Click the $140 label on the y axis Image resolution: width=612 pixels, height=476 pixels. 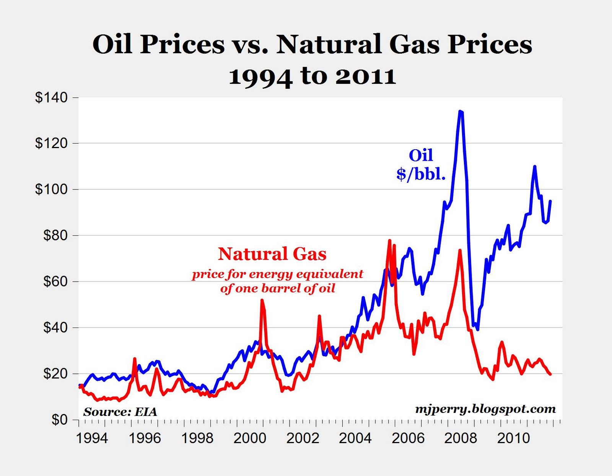[x=51, y=98]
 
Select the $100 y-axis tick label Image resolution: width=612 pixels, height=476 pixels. [x=51, y=189]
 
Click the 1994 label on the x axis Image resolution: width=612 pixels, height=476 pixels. [x=92, y=438]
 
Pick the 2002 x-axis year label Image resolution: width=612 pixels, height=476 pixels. [x=303, y=438]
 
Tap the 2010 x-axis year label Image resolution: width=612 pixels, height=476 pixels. [x=513, y=438]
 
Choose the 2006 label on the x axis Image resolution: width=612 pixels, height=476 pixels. [x=408, y=438]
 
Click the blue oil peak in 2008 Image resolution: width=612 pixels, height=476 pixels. [x=461, y=112]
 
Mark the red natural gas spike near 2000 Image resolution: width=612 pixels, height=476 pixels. [x=262, y=300]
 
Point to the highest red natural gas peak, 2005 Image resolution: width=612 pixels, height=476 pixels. [x=389, y=241]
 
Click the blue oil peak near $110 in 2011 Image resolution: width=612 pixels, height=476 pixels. [x=534, y=166]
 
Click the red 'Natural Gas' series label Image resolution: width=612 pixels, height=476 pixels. [x=272, y=254]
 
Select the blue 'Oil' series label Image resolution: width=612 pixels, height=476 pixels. [x=421, y=155]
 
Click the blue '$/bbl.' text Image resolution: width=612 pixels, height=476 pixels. [x=421, y=174]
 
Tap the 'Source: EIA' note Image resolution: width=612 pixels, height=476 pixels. [x=120, y=412]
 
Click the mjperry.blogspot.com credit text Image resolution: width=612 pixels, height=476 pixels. [x=485, y=409]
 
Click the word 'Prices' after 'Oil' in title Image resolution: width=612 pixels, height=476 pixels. [x=182, y=44]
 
